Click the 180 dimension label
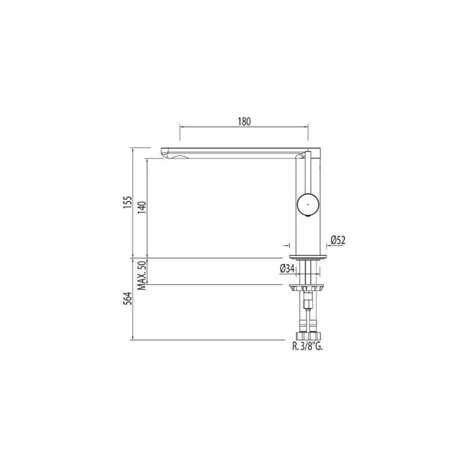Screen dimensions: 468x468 244,122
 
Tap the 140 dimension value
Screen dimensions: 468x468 142,207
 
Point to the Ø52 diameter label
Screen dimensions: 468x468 338,240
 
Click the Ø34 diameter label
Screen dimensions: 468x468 287,269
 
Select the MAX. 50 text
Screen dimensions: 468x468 142,275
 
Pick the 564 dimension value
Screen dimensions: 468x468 127,298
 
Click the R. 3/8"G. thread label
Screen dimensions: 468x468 308,347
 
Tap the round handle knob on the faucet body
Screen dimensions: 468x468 308,204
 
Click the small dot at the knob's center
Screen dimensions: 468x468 308,204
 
